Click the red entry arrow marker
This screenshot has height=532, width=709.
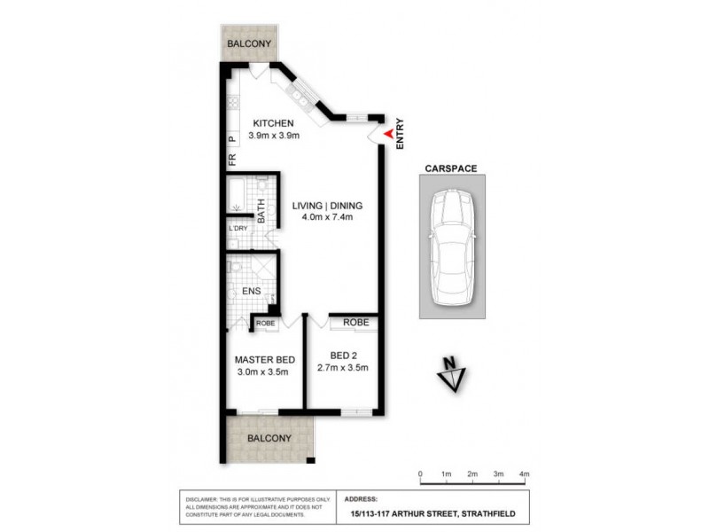[387, 133]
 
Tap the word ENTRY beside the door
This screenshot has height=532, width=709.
[401, 133]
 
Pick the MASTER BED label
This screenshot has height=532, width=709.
[264, 360]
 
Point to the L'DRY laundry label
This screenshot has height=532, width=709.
[238, 229]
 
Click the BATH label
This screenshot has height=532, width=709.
[261, 210]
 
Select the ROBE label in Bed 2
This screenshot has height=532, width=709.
[355, 323]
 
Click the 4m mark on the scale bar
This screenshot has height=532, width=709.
[524, 474]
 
